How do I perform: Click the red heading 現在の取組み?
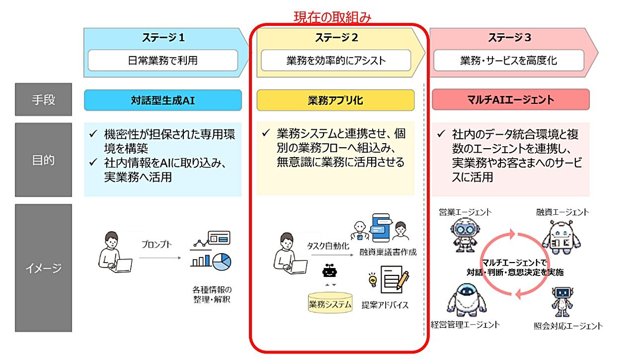coord(332,17)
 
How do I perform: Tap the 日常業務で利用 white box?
coord(163,61)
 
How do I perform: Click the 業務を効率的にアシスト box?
coord(336,61)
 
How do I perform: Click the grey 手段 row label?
coord(43,99)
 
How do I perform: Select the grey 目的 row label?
coord(43,160)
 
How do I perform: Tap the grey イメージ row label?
coord(43,268)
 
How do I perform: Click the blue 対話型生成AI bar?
coord(163,100)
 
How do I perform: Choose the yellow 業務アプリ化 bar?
coord(335,100)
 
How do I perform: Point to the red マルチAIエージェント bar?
coord(511,100)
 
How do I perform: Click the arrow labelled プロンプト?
coord(160,258)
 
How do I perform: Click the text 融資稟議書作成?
coord(388,252)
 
